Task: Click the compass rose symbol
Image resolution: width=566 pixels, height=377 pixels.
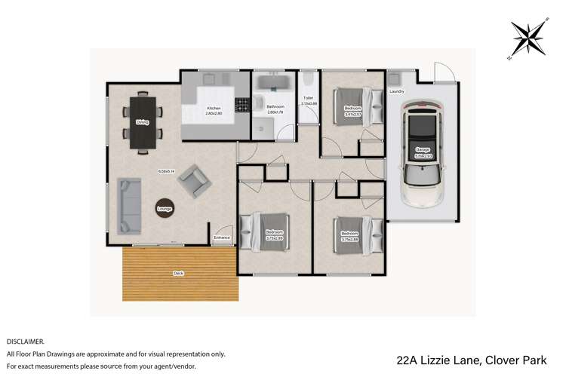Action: [528, 39]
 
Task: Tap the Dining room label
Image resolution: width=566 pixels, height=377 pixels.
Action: [142, 122]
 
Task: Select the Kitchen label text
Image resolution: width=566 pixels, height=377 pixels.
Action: [214, 109]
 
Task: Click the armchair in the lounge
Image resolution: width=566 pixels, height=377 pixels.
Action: [195, 181]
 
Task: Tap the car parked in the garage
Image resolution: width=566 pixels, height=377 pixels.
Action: [422, 154]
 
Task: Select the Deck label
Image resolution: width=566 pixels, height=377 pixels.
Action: [178, 273]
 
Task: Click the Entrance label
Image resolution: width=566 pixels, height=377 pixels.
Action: [222, 238]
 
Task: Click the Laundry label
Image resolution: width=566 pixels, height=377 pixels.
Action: [397, 92]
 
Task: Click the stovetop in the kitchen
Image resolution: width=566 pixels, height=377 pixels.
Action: [242, 106]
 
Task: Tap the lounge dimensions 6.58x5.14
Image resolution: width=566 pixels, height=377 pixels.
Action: [167, 170]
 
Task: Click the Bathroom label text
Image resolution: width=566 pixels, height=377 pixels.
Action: [275, 107]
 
